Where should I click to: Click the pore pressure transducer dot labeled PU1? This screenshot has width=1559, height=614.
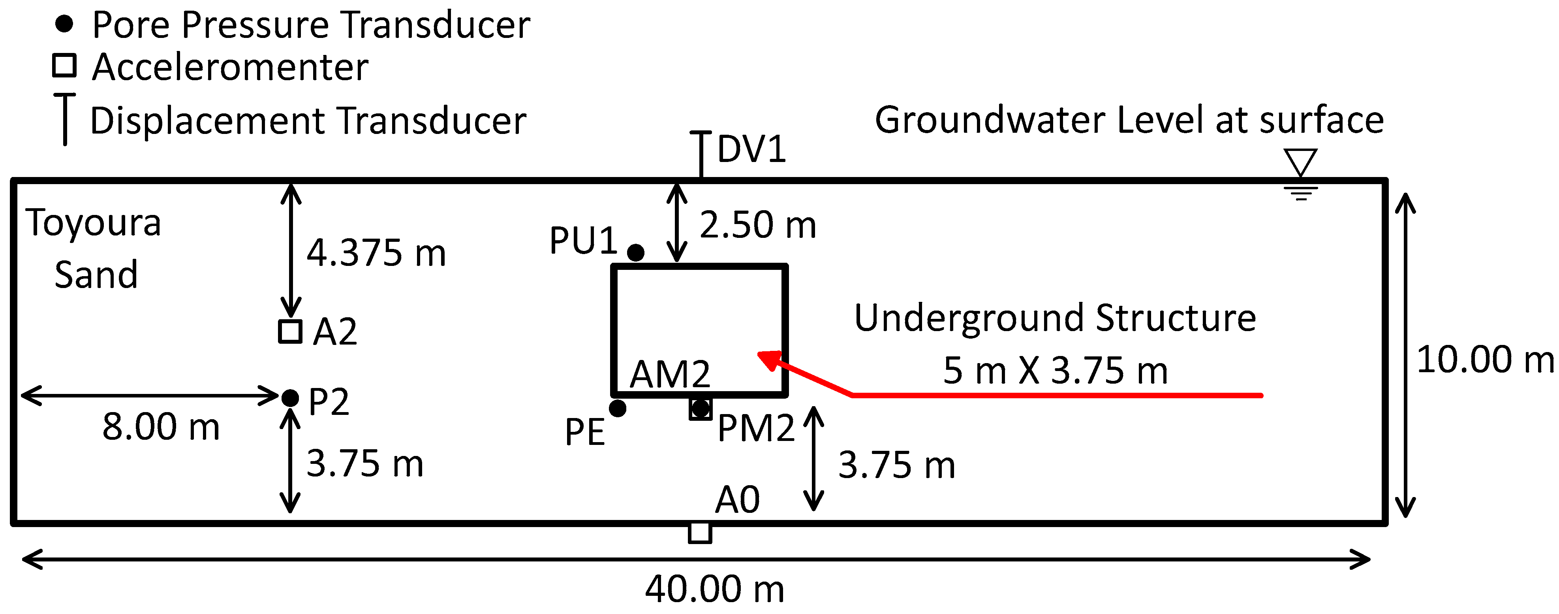[635, 252]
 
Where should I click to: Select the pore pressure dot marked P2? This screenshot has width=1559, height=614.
[290, 398]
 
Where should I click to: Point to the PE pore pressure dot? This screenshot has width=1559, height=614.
[617, 408]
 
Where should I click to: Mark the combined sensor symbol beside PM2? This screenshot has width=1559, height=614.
[700, 409]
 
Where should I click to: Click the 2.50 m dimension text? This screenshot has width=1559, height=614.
[758, 225]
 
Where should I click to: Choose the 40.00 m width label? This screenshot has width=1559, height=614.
[714, 589]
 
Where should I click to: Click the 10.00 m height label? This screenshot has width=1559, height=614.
[1484, 359]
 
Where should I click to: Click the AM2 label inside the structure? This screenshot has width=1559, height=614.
[669, 374]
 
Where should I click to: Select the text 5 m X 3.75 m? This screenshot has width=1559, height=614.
[1055, 371]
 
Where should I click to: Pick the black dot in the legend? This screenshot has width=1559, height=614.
[64, 24]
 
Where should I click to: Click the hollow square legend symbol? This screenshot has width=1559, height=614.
[64, 66]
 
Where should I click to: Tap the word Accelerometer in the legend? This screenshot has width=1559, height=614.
[230, 67]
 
